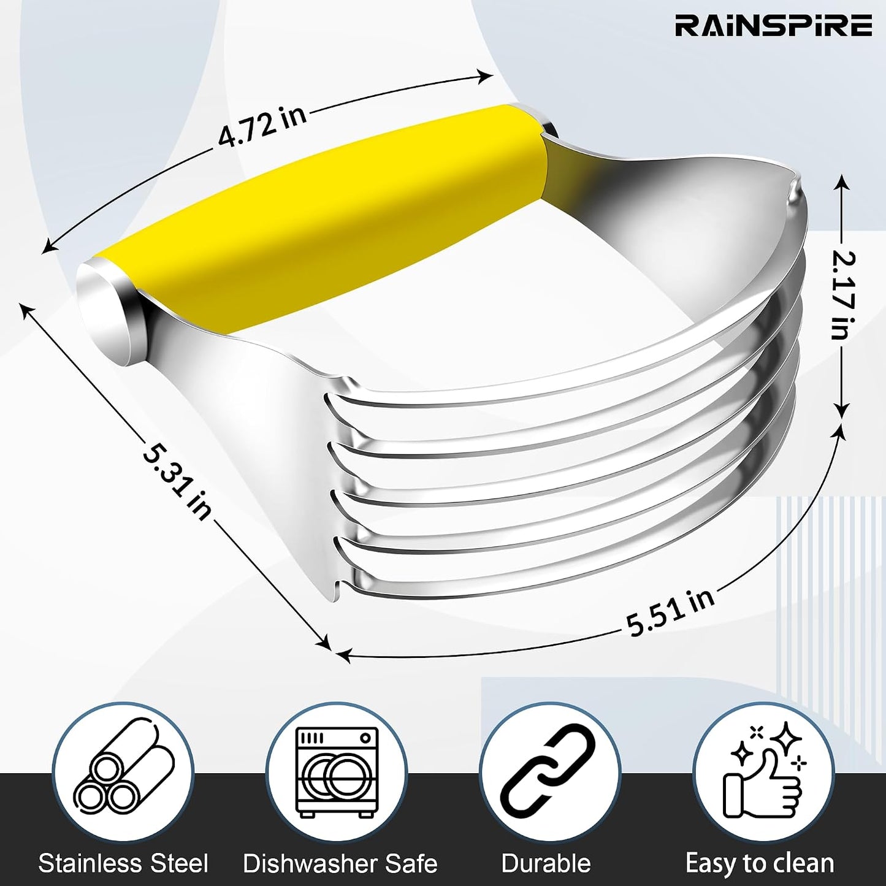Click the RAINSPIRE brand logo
pos(773,25)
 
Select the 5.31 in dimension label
pos(175,481)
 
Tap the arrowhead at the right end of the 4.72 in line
pos(484,75)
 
